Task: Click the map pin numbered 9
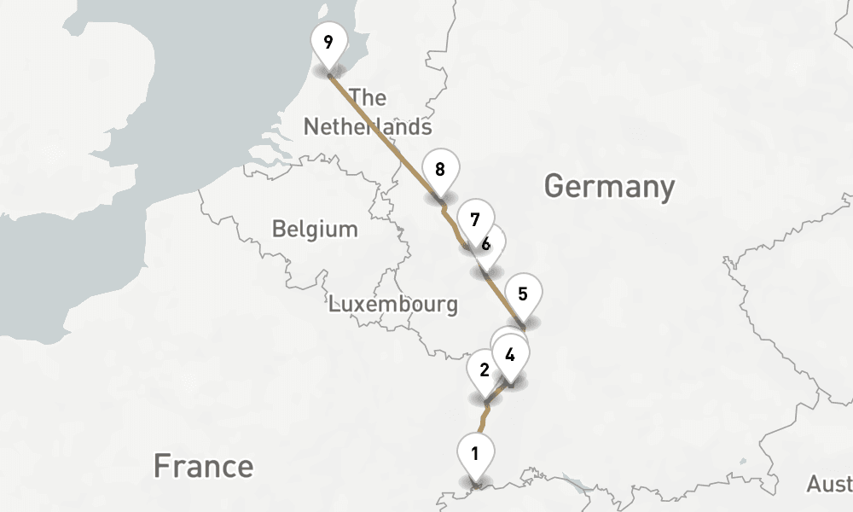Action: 328,43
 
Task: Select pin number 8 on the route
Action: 440,169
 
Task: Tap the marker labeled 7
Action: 475,218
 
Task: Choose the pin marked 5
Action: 523,294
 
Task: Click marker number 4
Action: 510,354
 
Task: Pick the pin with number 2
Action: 485,369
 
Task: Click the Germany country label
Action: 609,186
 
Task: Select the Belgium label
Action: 315,229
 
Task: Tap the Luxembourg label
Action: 392,304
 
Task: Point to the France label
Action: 203,466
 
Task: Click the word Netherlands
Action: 368,127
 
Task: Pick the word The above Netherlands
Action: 368,97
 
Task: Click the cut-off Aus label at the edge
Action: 828,485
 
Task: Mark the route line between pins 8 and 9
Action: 384,137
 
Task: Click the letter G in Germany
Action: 554,186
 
